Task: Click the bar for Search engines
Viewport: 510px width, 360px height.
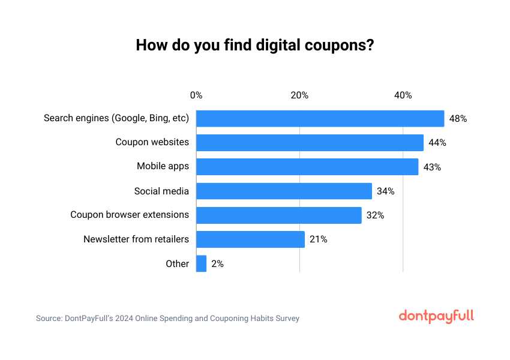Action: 320,119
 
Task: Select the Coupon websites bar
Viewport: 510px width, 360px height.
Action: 310,143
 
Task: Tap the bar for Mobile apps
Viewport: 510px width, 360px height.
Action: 307,167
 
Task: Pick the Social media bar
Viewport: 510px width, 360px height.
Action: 284,191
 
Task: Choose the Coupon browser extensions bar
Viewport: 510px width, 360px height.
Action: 279,215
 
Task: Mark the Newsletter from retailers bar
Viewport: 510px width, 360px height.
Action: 250,239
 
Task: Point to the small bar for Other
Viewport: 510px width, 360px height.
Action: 202,263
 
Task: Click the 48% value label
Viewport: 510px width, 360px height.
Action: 458,119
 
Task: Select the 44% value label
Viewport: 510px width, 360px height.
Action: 437,143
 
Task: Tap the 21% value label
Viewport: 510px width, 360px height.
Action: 318,239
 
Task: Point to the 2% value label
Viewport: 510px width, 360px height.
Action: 217,263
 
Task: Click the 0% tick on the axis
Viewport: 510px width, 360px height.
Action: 196,95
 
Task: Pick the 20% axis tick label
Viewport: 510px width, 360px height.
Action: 299,95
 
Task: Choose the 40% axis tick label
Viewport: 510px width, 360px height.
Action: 403,95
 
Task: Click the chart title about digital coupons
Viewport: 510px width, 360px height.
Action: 255,46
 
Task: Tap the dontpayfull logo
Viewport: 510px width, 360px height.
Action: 436,316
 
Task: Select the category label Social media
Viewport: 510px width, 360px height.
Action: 161,191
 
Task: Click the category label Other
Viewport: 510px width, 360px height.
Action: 178,263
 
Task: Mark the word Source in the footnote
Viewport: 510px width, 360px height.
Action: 49,319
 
